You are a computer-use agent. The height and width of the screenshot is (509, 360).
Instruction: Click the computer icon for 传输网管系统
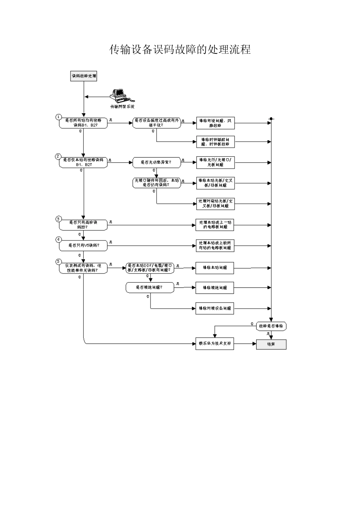click(x=118, y=95)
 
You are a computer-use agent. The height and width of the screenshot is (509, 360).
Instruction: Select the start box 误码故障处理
click(x=84, y=76)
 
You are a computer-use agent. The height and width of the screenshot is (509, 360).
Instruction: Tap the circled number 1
click(x=58, y=117)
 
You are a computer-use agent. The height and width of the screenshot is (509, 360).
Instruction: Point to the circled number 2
click(x=58, y=156)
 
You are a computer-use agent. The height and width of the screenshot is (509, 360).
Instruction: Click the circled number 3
click(x=58, y=219)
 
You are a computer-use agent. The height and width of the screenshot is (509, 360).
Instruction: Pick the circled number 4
click(x=58, y=239)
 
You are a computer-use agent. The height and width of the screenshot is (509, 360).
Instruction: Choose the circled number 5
click(x=58, y=262)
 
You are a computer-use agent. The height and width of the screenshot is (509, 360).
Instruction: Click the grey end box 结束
click(x=271, y=344)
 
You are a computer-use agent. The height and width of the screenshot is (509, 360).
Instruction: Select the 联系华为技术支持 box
click(x=214, y=344)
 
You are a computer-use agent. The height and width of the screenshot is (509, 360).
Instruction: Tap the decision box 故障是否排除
click(x=271, y=326)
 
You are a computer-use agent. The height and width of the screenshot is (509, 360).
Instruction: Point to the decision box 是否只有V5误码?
click(x=83, y=245)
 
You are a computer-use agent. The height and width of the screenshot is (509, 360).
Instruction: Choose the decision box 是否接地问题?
click(x=150, y=287)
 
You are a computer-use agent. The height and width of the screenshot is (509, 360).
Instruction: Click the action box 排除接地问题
click(x=214, y=288)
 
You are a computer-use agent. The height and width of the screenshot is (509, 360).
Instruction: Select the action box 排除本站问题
click(x=214, y=268)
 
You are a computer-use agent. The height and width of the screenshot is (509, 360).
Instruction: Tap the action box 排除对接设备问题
click(x=214, y=308)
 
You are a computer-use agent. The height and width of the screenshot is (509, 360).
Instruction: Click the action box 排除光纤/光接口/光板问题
click(x=215, y=162)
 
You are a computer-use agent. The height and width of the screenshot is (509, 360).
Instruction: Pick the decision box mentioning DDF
click(x=150, y=268)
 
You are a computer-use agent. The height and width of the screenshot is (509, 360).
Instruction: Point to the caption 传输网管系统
click(x=122, y=107)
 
